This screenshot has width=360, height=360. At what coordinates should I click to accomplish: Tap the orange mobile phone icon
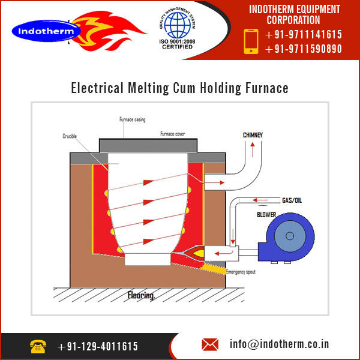250,41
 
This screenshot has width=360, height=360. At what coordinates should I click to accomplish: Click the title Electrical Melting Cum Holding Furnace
179,88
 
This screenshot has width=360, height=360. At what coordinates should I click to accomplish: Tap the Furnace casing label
132,119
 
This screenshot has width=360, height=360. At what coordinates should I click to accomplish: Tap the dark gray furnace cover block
148,145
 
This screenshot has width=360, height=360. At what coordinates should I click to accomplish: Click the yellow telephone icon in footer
38,346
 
